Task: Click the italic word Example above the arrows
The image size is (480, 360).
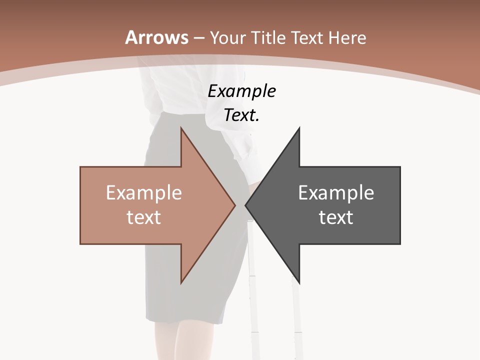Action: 242,91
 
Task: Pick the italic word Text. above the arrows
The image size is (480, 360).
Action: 242,115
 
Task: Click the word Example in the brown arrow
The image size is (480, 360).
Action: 144,193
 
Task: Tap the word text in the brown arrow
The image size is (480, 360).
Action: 144,217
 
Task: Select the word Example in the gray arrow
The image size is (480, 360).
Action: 336,193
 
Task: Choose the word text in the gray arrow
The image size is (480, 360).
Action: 336,217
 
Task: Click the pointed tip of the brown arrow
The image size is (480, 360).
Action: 234,205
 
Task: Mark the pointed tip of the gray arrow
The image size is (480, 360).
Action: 246,205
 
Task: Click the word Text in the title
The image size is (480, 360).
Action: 310,38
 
